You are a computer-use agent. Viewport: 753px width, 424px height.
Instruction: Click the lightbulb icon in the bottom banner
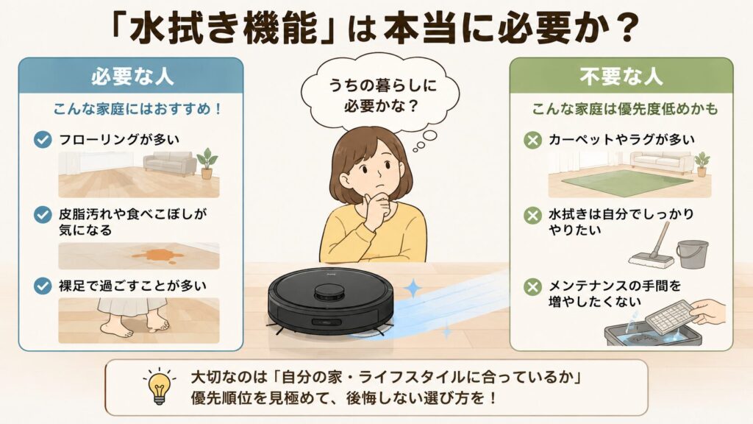pos(159,387)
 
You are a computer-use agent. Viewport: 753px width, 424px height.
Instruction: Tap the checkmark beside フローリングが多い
pos(43,139)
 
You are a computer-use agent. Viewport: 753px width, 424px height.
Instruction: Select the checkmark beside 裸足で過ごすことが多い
pos(43,286)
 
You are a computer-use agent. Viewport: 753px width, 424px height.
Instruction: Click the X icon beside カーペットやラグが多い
pos(532,140)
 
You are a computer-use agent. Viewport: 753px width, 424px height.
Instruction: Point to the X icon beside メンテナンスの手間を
pos(532,287)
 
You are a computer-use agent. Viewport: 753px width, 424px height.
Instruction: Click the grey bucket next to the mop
pos(692,254)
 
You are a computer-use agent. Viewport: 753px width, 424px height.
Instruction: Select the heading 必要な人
pos(132,77)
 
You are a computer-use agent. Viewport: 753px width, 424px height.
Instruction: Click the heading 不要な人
pos(621,77)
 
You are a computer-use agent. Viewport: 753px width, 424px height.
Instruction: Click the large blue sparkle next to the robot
pos(412,288)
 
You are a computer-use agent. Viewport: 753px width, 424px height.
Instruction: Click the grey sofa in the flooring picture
pos(170,163)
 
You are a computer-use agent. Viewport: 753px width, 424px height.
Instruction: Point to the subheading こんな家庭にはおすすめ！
pos(138,109)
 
